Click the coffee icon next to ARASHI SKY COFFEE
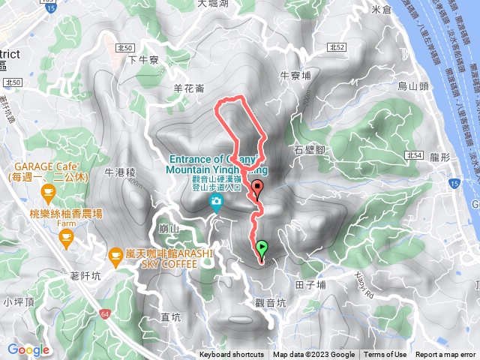tap(115, 257)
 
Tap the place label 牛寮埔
tap(295, 75)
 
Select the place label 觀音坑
tap(271, 303)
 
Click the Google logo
tap(28, 349)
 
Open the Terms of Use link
tap(385, 355)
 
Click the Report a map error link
tap(447, 355)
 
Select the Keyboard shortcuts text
tap(232, 355)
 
